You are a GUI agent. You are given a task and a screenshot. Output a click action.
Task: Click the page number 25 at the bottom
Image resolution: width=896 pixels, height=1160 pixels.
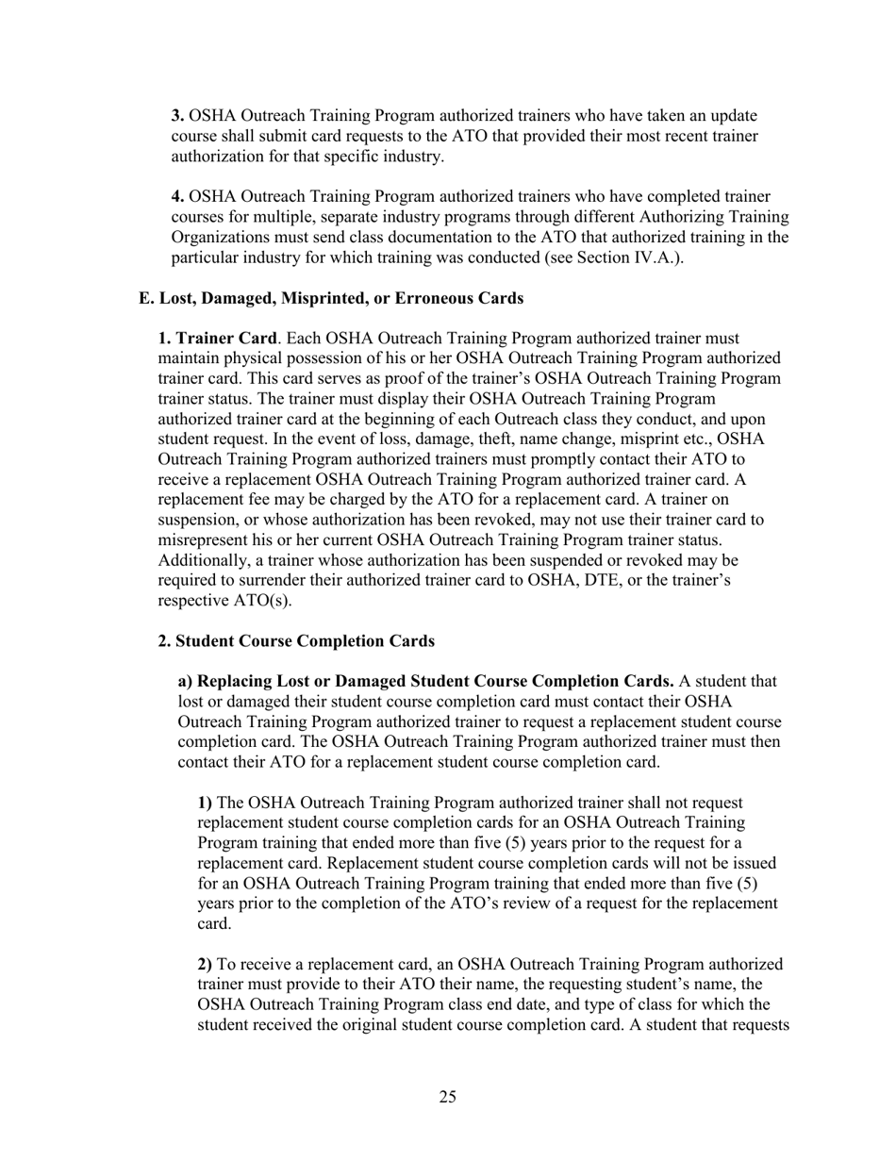click(x=447, y=1096)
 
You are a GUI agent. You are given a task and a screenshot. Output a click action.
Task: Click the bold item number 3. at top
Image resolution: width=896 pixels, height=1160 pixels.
click(x=177, y=116)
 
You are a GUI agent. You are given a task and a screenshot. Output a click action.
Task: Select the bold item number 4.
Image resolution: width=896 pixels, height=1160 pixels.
click(x=177, y=197)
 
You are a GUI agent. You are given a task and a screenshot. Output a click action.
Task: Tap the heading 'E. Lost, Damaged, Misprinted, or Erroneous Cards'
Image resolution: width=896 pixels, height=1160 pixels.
click(x=330, y=298)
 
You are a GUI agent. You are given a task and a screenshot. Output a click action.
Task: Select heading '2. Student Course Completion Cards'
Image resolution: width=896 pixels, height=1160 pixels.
click(x=296, y=641)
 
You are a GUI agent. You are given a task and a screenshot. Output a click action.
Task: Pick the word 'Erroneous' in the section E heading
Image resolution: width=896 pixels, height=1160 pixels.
click(x=441, y=298)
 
